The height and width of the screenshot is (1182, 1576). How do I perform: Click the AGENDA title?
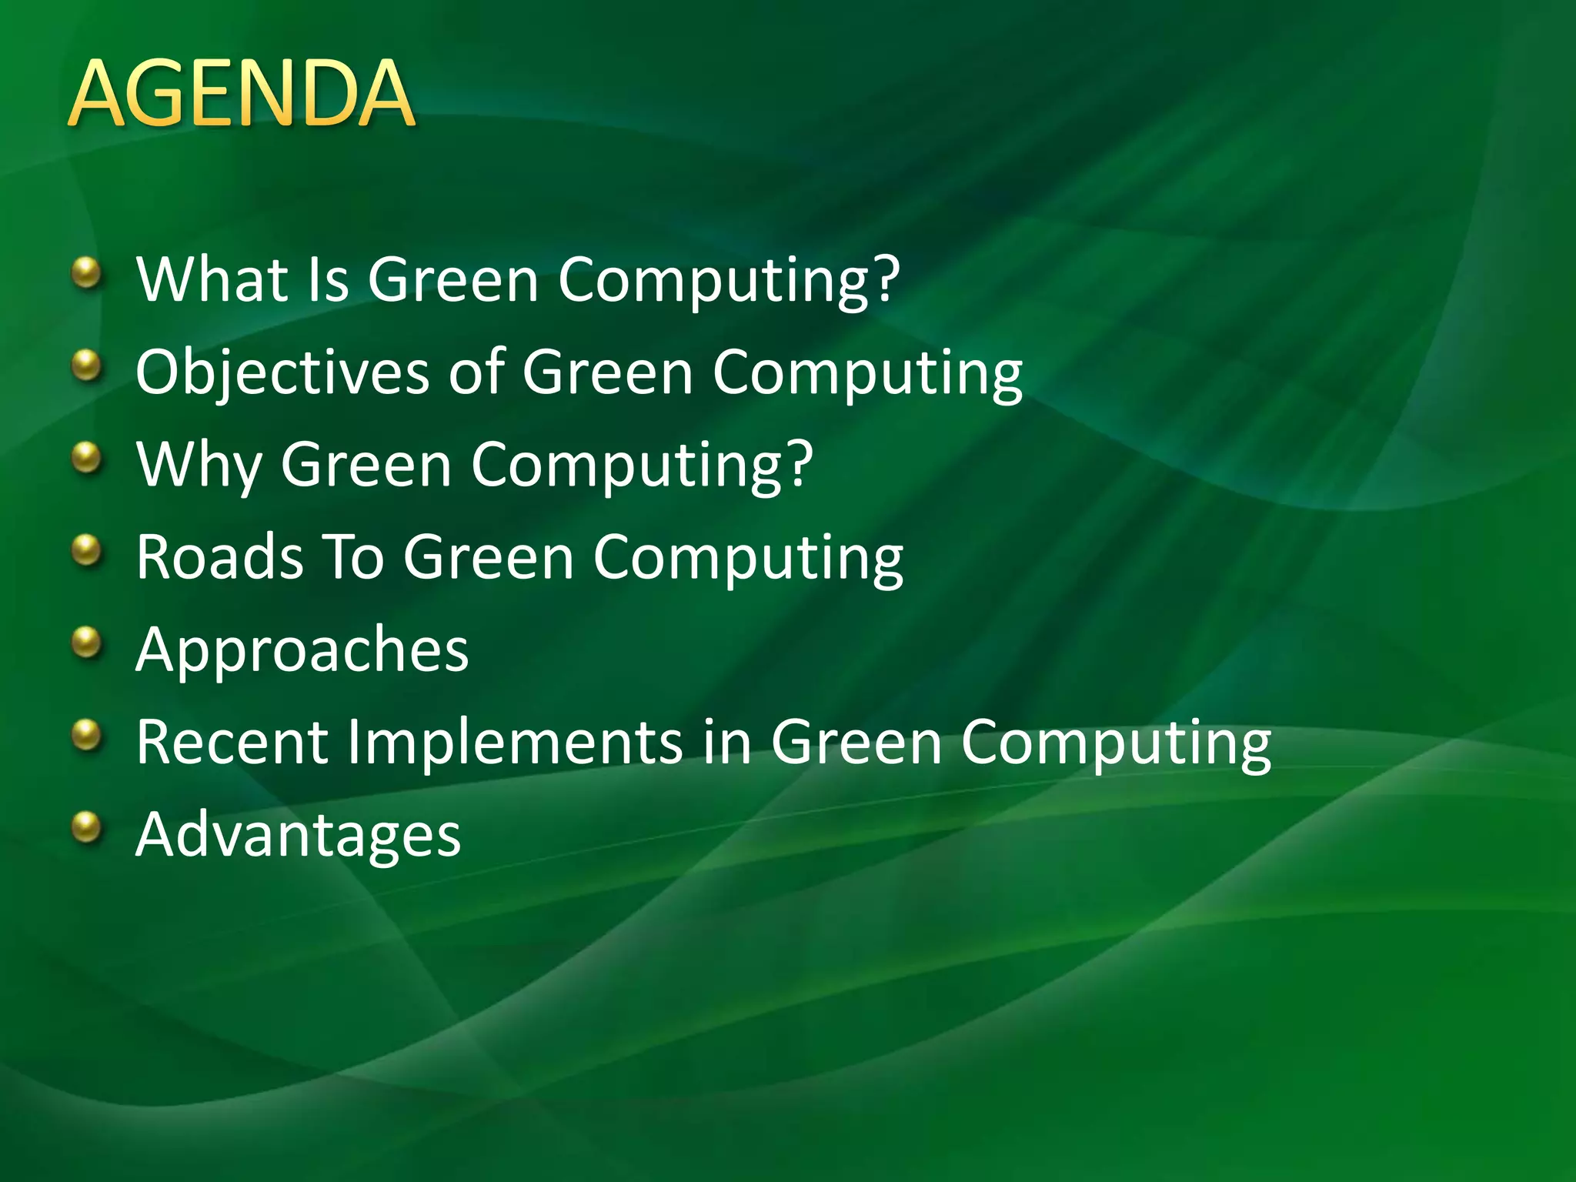tap(242, 94)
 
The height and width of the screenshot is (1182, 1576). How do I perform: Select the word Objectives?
tap(282, 373)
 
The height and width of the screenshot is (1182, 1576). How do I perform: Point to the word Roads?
tap(219, 557)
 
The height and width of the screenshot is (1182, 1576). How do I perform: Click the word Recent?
tap(232, 743)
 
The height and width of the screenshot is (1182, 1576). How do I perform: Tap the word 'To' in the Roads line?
tap(353, 557)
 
